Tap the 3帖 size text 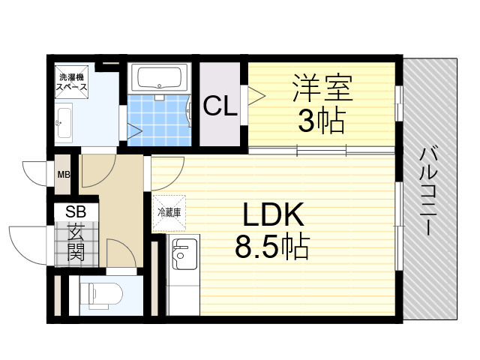321,119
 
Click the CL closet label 220,106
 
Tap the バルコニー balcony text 430,192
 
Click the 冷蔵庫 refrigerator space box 168,211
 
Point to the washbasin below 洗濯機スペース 64,122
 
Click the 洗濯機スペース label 73,82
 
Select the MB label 64,176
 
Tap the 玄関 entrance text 75,242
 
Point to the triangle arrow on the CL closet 256,94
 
